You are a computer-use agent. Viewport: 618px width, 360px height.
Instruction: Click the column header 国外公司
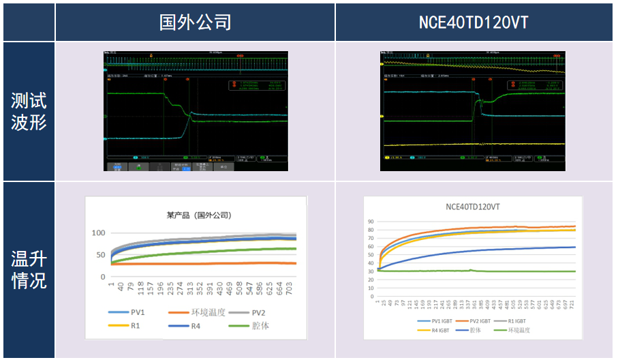point(195,22)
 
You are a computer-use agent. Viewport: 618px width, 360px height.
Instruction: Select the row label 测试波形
point(29,112)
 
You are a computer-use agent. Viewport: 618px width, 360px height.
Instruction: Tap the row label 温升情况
point(29,269)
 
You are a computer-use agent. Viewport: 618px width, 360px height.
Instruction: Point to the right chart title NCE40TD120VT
point(473,207)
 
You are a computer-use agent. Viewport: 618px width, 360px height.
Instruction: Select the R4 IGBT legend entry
point(433,330)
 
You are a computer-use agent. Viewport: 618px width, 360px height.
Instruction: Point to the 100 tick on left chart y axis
point(99,233)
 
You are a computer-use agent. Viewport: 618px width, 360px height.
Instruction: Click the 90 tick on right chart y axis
point(371,222)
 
